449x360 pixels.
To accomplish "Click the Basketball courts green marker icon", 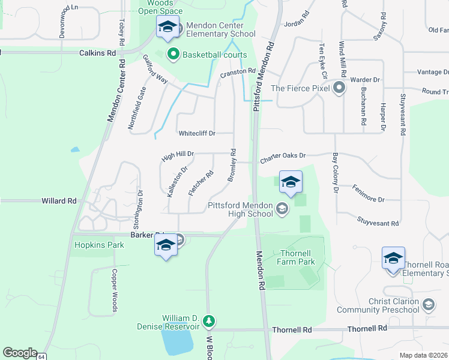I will pyautogui.click(x=174, y=55).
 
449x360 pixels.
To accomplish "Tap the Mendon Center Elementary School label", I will pyautogui.click(x=221, y=29).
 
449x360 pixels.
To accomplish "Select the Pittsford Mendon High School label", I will pyautogui.click(x=240, y=209).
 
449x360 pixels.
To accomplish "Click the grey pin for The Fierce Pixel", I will pyautogui.click(x=339, y=88).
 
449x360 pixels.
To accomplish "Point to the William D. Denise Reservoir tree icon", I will pyautogui.click(x=209, y=322).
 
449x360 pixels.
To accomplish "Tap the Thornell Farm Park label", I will pyautogui.click(x=296, y=257).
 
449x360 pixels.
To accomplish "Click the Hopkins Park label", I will pyautogui.click(x=99, y=245).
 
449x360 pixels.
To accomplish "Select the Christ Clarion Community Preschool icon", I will pyautogui.click(x=429, y=305).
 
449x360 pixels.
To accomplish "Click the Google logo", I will pyautogui.click(x=19, y=353).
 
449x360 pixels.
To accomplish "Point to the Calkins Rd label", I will pyautogui.click(x=97, y=53).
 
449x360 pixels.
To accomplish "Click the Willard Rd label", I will pyautogui.click(x=59, y=201).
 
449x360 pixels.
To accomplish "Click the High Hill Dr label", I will pyautogui.click(x=178, y=157).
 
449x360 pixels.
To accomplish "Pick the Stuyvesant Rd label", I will pyautogui.click(x=378, y=223).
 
